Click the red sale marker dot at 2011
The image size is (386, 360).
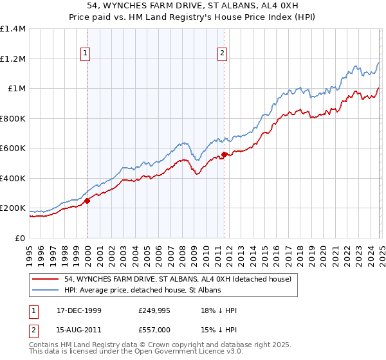(224, 155)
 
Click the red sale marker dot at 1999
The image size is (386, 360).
(87, 201)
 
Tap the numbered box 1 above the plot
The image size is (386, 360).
(86, 54)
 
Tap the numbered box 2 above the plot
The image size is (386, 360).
(222, 54)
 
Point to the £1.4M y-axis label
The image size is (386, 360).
(13, 29)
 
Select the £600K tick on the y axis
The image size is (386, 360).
(13, 148)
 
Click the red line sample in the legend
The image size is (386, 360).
(46, 279)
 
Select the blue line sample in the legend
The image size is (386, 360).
(46, 291)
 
